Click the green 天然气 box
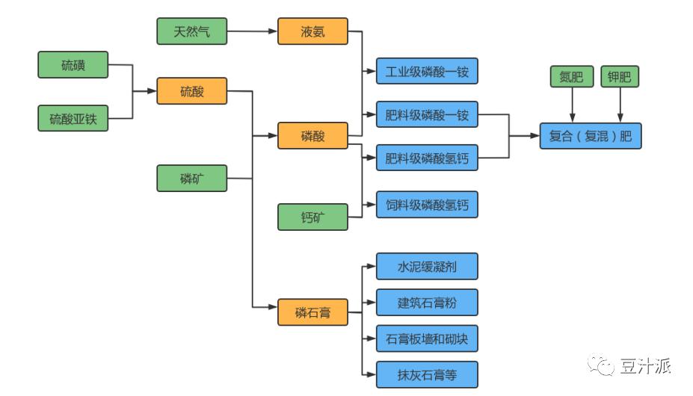coord(191,31)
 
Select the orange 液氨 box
coord(312,31)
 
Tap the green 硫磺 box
coord(73,65)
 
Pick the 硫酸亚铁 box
coord(73,119)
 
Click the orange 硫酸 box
coord(191,91)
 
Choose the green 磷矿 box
coord(191,178)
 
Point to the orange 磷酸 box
coord(312,135)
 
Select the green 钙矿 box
coord(312,217)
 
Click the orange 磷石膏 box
coord(312,312)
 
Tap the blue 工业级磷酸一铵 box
coord(426,72)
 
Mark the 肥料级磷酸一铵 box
coord(426,115)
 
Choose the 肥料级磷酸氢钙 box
coord(426,158)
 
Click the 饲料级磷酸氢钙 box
coord(426,204)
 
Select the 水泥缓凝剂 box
coord(426,267)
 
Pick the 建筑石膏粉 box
coord(426,302)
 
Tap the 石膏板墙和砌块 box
coord(426,338)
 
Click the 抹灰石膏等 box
coord(426,374)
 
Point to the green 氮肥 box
coord(571,76)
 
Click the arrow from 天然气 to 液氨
coord(251,31)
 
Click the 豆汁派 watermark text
coord(645,365)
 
